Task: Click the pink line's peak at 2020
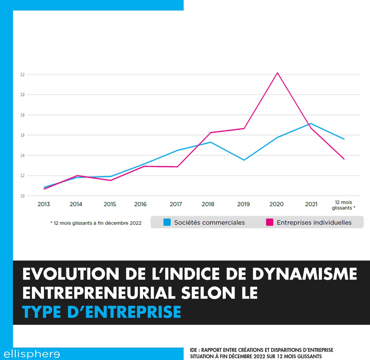pos(277,73)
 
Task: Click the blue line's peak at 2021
pos(311,124)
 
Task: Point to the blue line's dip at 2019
pos(244,160)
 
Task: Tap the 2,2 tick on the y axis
pos(23,75)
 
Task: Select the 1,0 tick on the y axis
pos(23,196)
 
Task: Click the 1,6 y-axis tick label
pos(23,135)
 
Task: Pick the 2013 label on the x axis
pos(44,204)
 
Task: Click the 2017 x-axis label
pos(176,204)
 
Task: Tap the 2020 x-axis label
pos(277,204)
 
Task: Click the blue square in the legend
pos(167,222)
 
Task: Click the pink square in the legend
pos(270,222)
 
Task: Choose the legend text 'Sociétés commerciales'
pos(209,223)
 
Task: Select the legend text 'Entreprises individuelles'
pos(314,223)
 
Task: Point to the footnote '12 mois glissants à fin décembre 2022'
pos(96,223)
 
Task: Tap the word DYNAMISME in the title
pos(304,274)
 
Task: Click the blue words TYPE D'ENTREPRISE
pos(102,312)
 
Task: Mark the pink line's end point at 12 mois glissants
pos(344,159)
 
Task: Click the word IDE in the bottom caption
pos(193,350)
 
